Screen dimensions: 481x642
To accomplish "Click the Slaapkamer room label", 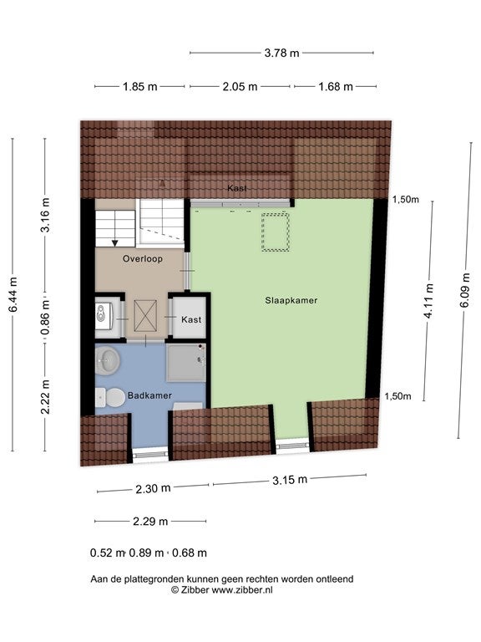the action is (291, 300).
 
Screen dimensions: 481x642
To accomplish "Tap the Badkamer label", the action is (149, 395).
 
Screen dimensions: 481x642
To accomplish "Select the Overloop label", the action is (142, 259).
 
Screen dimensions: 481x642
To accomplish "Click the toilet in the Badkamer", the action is (110, 398).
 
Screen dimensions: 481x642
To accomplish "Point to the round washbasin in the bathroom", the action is (107, 360).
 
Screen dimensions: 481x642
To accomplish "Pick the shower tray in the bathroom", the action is (186, 363).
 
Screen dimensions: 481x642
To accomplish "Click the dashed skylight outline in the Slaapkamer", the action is (276, 232).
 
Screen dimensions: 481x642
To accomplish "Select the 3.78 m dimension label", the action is (281, 53).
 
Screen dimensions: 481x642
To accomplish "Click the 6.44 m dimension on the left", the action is (13, 294).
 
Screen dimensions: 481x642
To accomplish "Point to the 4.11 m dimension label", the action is (428, 301).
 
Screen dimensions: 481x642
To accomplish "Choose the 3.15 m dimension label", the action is (290, 480).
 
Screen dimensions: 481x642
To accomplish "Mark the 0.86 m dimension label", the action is (45, 317).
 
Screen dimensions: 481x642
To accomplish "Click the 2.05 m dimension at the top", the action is (240, 87).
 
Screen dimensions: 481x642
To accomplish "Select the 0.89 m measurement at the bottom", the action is (146, 553).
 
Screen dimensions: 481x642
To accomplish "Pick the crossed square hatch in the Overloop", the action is (145, 316).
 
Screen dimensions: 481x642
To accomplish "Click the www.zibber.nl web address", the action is (241, 590).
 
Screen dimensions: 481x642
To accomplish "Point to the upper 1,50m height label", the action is (406, 200).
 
